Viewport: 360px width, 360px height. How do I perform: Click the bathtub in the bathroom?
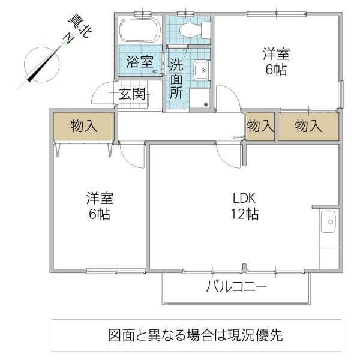tap(140, 30)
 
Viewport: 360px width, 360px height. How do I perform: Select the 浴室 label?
tap(140, 61)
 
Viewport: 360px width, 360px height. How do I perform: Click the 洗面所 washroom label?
tap(176, 77)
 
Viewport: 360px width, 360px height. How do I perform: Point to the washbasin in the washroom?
tap(202, 71)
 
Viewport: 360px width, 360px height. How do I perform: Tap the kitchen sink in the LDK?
tap(328, 223)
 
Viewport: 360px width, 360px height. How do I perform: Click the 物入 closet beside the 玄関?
tap(84, 126)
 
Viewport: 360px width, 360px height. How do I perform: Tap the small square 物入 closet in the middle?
tap(260, 126)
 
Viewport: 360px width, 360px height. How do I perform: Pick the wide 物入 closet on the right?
tap(308, 126)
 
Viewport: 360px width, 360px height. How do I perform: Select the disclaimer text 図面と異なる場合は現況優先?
tap(196, 335)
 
